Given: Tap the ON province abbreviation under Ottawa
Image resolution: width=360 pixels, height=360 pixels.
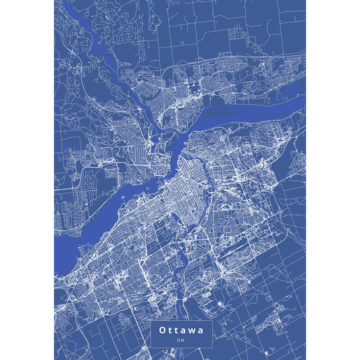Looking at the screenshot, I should click(180, 340).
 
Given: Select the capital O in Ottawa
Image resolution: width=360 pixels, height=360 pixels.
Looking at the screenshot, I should click(162, 330).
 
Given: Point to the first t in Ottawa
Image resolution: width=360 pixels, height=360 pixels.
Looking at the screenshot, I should click(170, 330).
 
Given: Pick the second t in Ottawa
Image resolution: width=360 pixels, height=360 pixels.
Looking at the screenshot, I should click(176, 330).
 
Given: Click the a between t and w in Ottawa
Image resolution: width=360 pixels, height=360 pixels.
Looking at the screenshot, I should click(183, 330).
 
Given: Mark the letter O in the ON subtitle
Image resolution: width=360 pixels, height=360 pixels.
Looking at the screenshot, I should click(178, 340).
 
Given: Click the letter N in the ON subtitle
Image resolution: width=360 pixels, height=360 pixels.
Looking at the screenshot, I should click(182, 340).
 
